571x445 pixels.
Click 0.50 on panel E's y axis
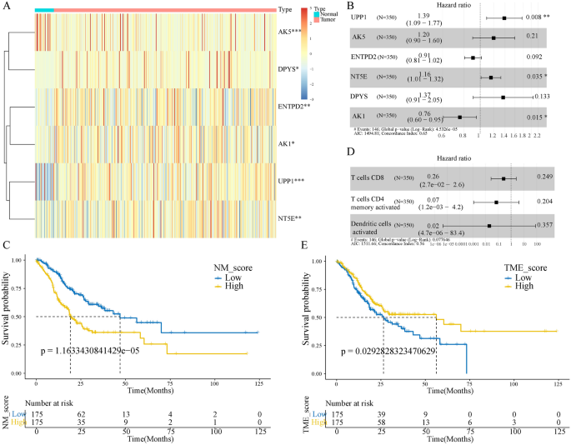pyautogui.click(x=318, y=317)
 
